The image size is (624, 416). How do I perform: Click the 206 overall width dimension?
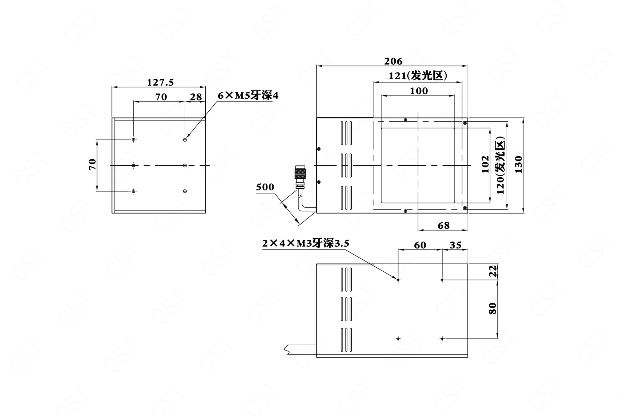393,61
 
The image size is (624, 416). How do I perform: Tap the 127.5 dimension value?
160,82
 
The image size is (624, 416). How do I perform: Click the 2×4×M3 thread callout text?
306,243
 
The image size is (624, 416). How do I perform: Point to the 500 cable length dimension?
265,187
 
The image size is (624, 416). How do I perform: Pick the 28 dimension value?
196,97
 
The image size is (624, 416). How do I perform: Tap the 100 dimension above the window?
419,91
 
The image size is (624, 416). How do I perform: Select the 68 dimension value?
443,226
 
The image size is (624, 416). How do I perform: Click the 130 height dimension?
518,164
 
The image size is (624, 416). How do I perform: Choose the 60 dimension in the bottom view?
420,245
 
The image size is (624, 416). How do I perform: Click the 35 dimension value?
456,245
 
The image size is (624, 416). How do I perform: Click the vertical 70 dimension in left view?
92,164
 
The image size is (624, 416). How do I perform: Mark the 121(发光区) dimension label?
418,76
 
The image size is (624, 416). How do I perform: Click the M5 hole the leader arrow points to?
185,140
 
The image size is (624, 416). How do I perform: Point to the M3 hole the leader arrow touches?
398,280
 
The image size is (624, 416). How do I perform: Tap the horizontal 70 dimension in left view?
161,97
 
